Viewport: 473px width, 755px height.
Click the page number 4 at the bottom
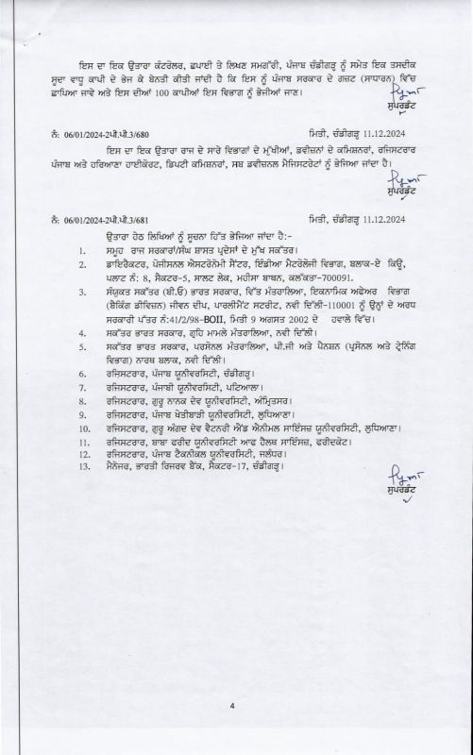[x=230, y=705]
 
